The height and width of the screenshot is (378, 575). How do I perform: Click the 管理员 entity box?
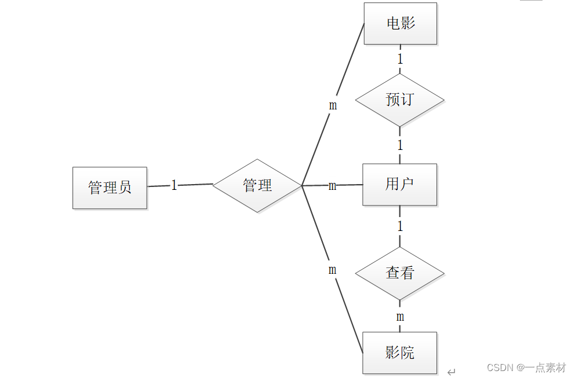coord(110,188)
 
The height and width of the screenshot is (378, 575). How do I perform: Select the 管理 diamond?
coord(257,185)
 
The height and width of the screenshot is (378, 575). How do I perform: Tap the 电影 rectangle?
coord(400,24)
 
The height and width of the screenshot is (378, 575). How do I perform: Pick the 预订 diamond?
coord(399,100)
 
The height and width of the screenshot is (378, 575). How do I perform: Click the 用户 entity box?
coord(399,185)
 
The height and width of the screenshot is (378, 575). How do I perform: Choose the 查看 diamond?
coord(399,273)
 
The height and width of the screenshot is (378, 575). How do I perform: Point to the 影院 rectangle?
coord(399,353)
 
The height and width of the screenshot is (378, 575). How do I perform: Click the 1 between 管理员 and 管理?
coord(174,185)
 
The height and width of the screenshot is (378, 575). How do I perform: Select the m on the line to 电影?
coord(333,105)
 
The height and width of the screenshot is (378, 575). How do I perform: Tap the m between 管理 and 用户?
coord(332,186)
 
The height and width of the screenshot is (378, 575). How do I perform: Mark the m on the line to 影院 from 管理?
coord(332,270)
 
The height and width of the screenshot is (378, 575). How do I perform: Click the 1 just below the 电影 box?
coord(400,58)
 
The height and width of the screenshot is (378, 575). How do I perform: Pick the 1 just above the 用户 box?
coord(400,145)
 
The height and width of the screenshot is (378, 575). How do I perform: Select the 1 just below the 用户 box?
coord(400,226)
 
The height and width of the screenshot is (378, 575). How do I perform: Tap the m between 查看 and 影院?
coord(400,317)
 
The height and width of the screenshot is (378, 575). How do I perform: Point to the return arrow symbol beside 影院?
coord(452,372)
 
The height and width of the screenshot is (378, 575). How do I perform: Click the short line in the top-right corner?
coord(531,1)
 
